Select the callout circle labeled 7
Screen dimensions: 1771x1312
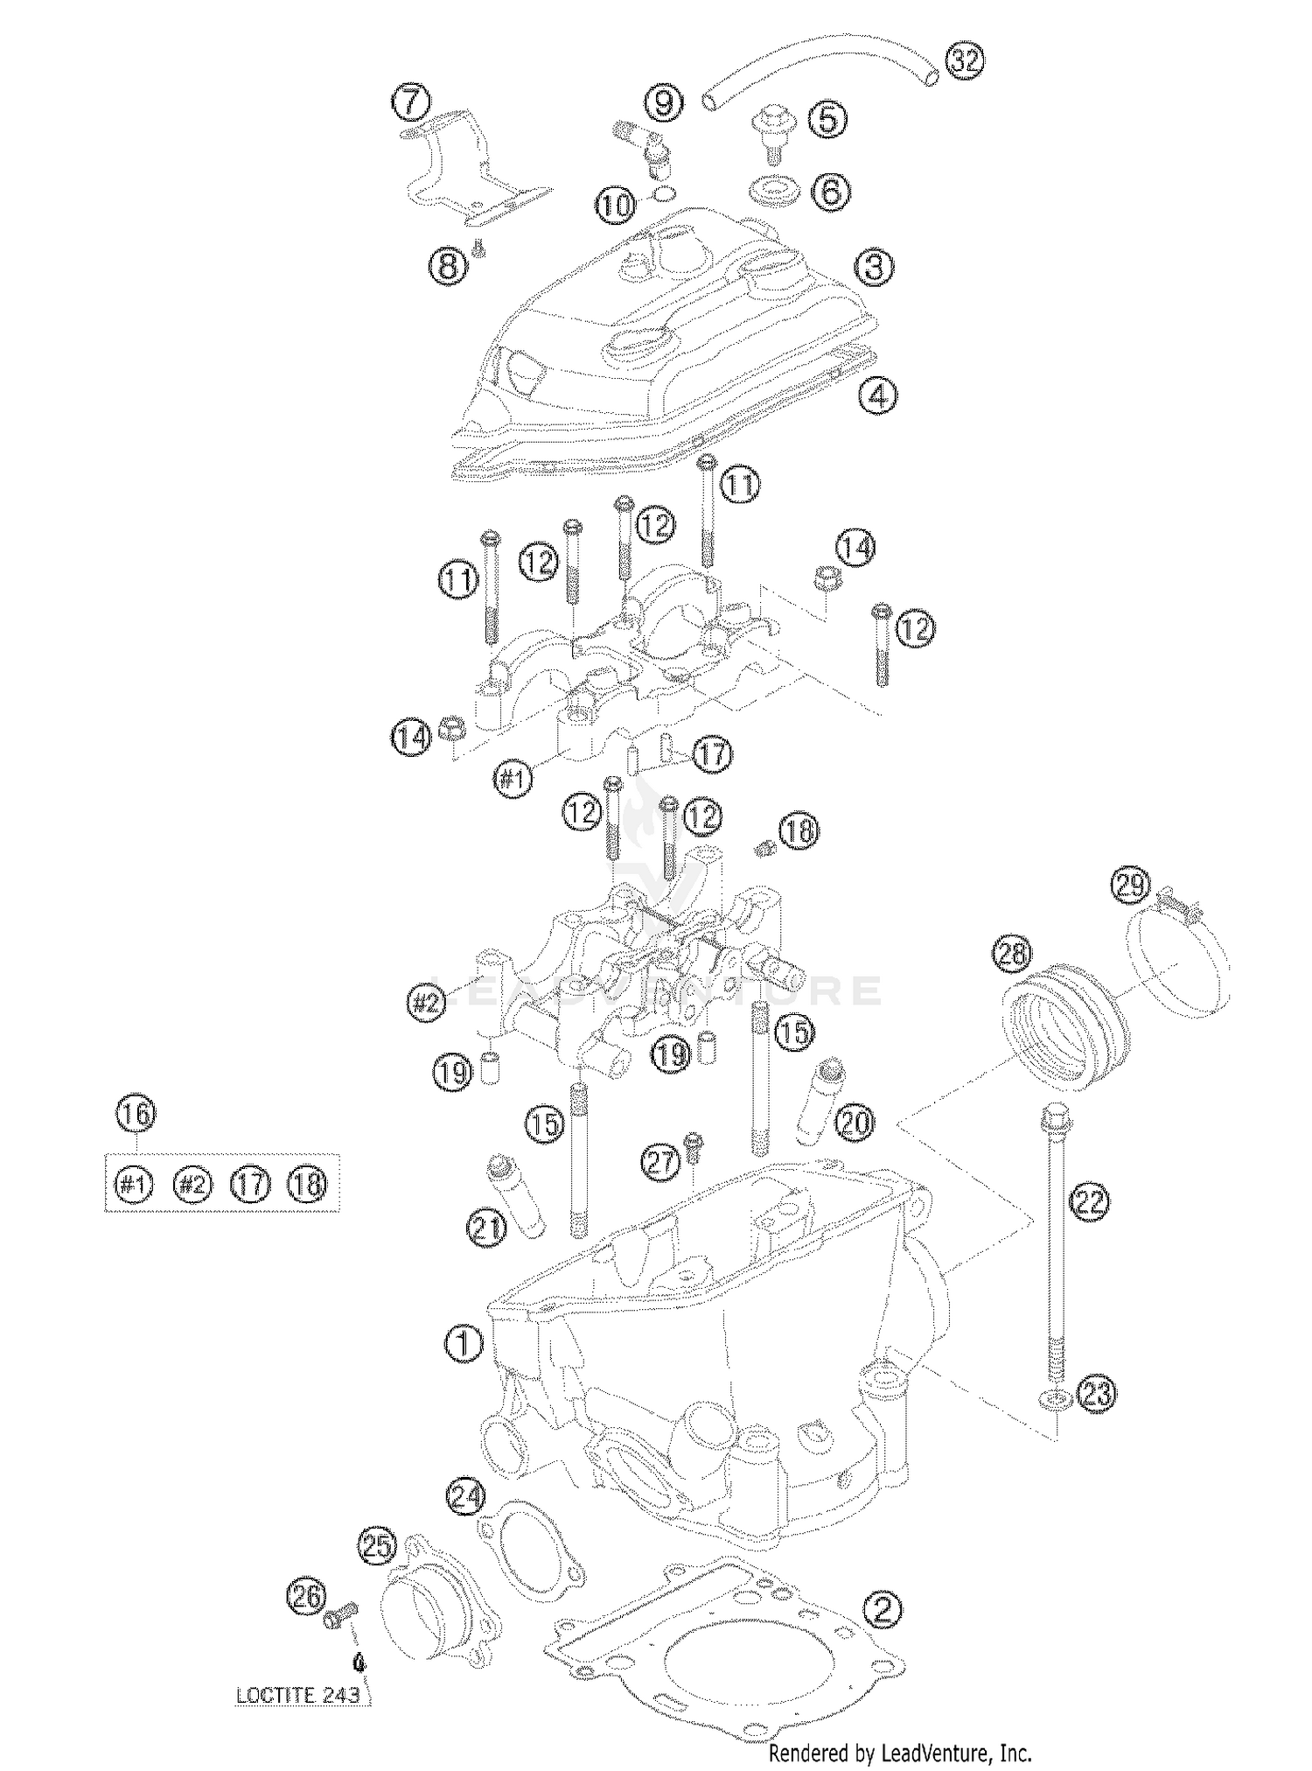point(411,101)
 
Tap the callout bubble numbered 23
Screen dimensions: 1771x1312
point(1096,1392)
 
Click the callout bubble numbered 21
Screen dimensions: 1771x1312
point(487,1228)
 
